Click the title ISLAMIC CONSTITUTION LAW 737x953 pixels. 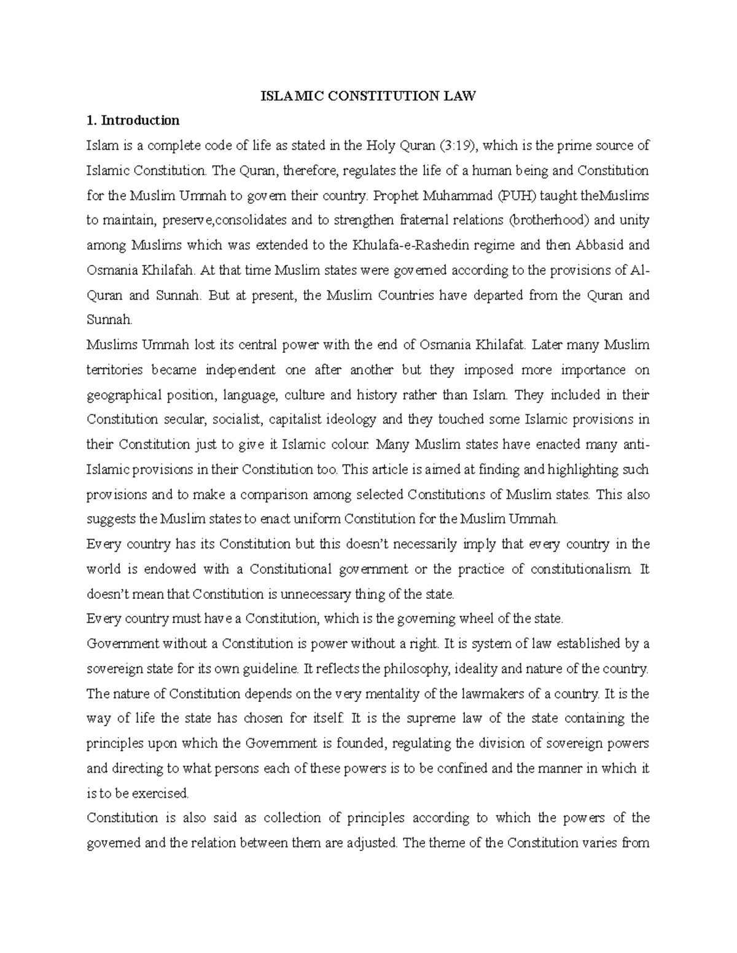pyautogui.click(x=368, y=96)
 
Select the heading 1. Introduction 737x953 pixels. pyautogui.click(x=133, y=120)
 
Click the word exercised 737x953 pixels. pyautogui.click(x=162, y=793)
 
